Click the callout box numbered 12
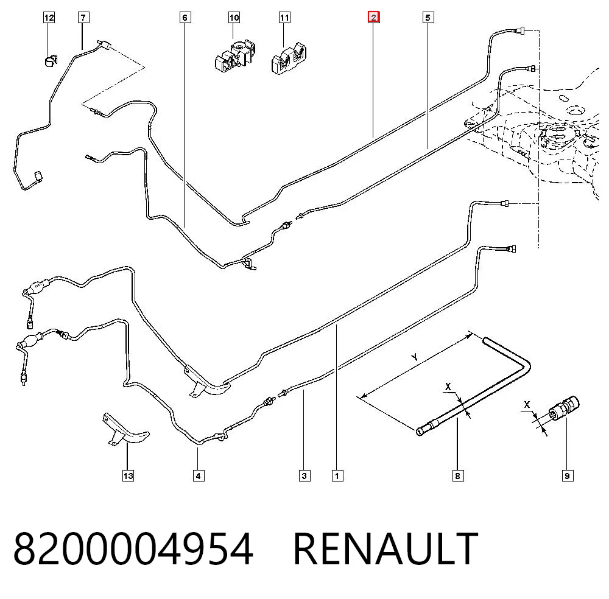pyautogui.click(x=49, y=18)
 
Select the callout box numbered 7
pyautogui.click(x=83, y=18)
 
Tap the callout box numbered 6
pyautogui.click(x=185, y=18)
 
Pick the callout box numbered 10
pyautogui.click(x=234, y=18)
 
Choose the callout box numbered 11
pyautogui.click(x=284, y=18)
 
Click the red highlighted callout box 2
pyautogui.click(x=374, y=17)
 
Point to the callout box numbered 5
pyautogui.click(x=428, y=18)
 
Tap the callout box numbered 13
pyautogui.click(x=128, y=475)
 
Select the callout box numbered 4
pyautogui.click(x=199, y=475)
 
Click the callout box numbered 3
pyautogui.click(x=304, y=475)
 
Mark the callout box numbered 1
pyautogui.click(x=337, y=475)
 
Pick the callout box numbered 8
pyautogui.click(x=458, y=475)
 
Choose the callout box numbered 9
pyautogui.click(x=568, y=475)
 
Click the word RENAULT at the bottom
pyautogui.click(x=385, y=549)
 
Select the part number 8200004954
pyautogui.click(x=133, y=549)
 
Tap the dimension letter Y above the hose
pyautogui.click(x=415, y=357)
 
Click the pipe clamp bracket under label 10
pyautogui.click(x=235, y=57)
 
